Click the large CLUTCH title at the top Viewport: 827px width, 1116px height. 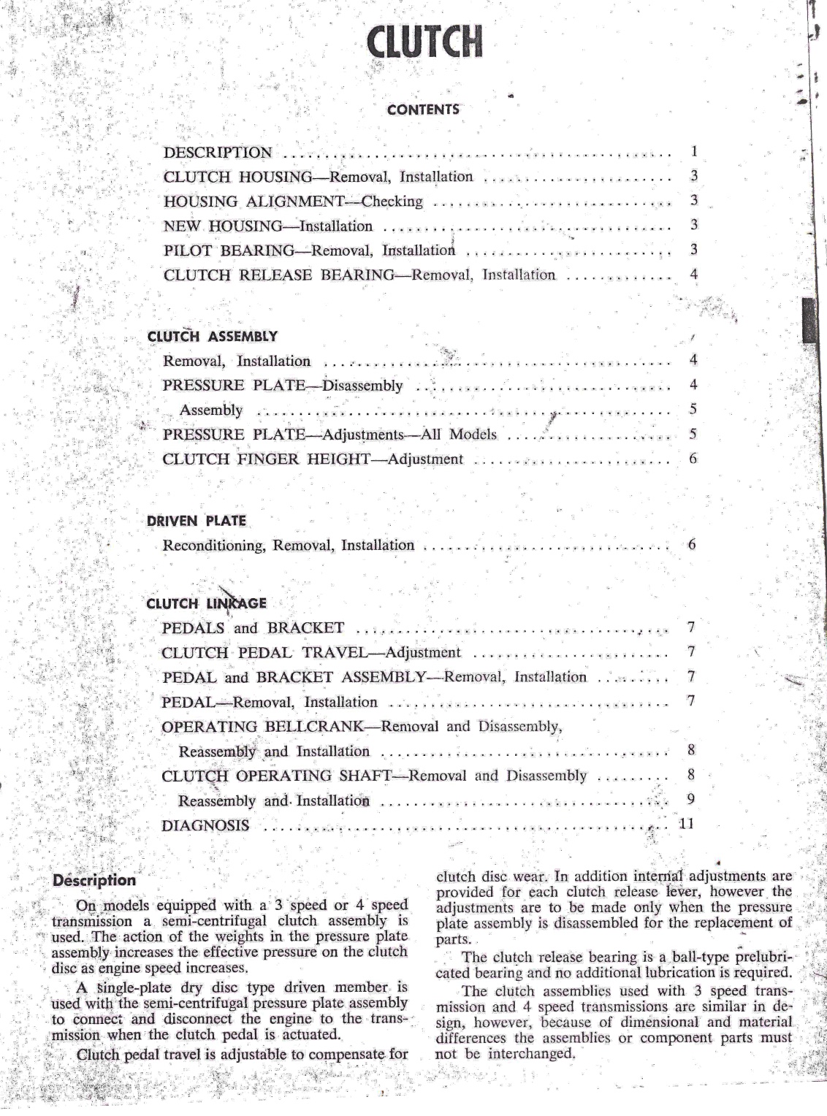click(425, 42)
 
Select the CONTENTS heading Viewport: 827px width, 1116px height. click(423, 110)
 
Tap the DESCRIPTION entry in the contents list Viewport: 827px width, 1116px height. click(218, 153)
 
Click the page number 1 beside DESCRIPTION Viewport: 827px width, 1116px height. click(694, 152)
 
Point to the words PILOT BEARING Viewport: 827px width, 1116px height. click(228, 251)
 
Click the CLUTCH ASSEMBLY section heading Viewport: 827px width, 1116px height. click(212, 337)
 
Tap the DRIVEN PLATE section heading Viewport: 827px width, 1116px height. click(197, 521)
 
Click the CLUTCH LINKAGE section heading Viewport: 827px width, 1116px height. click(206, 604)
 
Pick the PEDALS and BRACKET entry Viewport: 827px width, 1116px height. click(253, 628)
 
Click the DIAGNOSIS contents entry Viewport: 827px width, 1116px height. click(205, 826)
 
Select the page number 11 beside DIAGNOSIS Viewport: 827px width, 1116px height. click(686, 824)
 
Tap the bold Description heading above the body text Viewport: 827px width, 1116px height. click(94, 881)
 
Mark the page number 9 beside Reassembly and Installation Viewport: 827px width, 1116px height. click(691, 799)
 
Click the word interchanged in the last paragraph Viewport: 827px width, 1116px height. click(529, 1054)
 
